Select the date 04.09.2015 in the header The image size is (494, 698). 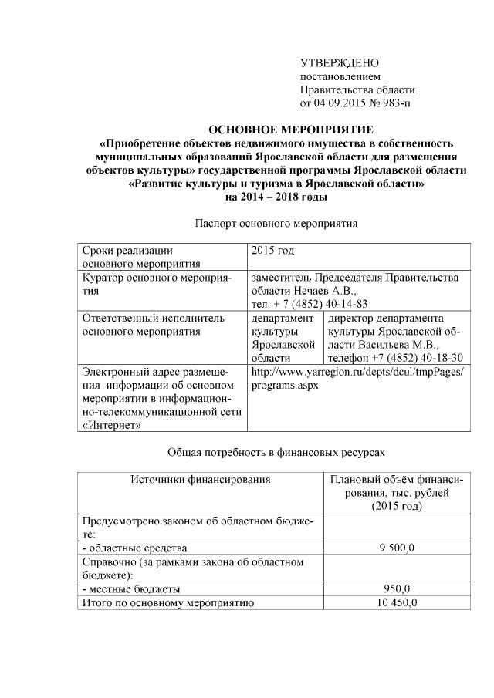point(342,102)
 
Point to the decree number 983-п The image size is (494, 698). point(395,102)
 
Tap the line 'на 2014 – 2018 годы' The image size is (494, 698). point(276,197)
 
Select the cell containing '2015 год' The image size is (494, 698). point(273,251)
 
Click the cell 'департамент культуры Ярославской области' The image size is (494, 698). point(284,338)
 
